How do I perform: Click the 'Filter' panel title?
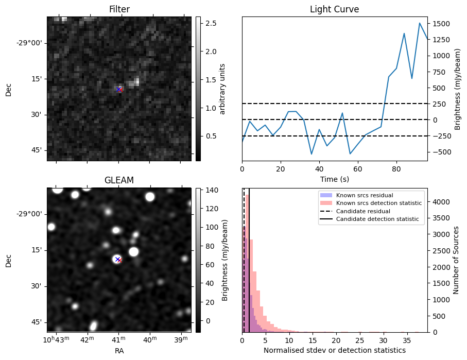pyautogui.click(x=119, y=9)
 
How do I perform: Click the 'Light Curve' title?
pyautogui.click(x=334, y=9)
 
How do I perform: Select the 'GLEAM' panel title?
pyautogui.click(x=119, y=180)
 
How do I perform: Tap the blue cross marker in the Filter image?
pyautogui.click(x=118, y=89)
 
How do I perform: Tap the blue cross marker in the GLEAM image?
pyautogui.click(x=117, y=259)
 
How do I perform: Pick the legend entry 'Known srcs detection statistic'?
pyautogui.click(x=378, y=203)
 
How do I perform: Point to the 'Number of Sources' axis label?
pyautogui.click(x=456, y=260)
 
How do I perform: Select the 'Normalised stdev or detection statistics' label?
pyautogui.click(x=334, y=350)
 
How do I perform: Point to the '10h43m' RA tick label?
pyautogui.click(x=56, y=340)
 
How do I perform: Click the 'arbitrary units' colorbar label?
pyautogui.click(x=223, y=89)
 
